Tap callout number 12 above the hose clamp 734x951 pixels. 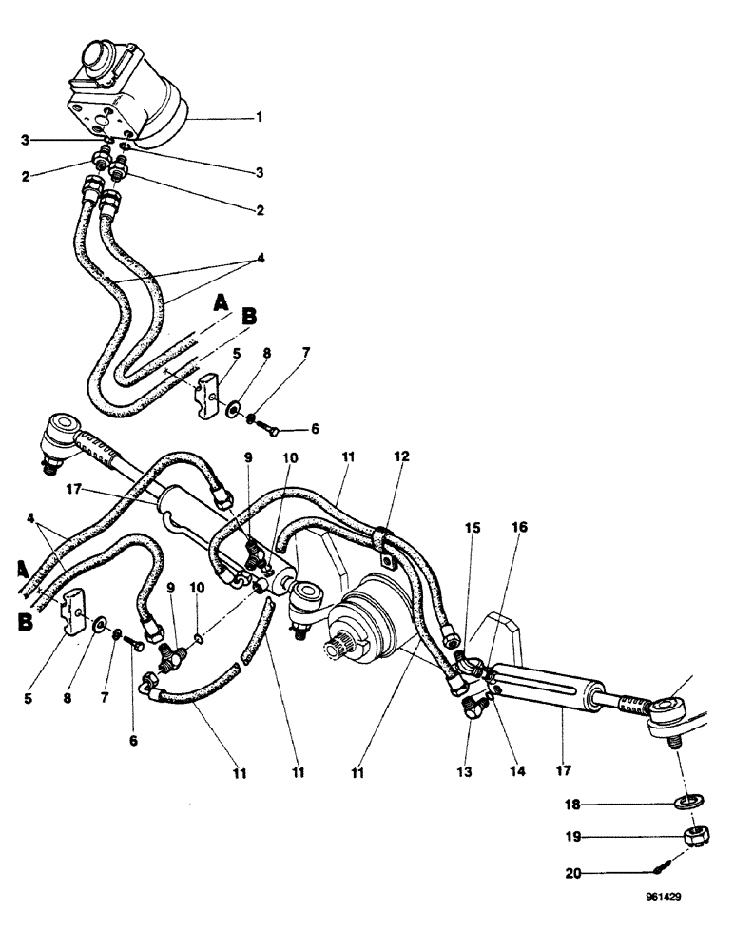point(401,456)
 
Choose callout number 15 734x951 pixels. point(473,527)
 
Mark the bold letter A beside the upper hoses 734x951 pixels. point(221,302)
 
